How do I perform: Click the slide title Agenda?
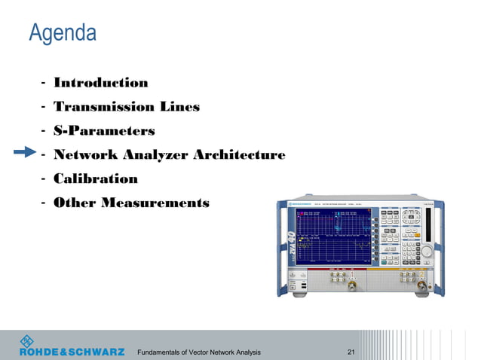(63, 33)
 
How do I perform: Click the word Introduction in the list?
(100, 83)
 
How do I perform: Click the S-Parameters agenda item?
(104, 131)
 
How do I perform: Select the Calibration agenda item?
(95, 179)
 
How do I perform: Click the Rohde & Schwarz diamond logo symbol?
(26, 340)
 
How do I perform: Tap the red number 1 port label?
(352, 273)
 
